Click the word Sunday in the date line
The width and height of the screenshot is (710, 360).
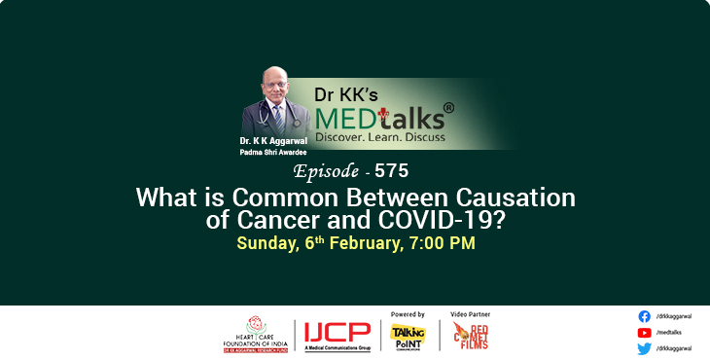coord(264,242)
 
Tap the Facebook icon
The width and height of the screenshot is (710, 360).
coord(644,316)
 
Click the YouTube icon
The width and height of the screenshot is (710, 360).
coord(644,332)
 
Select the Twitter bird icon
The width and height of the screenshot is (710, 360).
coord(644,347)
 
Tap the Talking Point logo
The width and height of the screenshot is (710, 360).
coord(407,336)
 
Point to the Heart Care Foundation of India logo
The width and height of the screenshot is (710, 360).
coord(256,334)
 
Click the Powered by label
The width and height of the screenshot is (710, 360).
coord(408,314)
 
